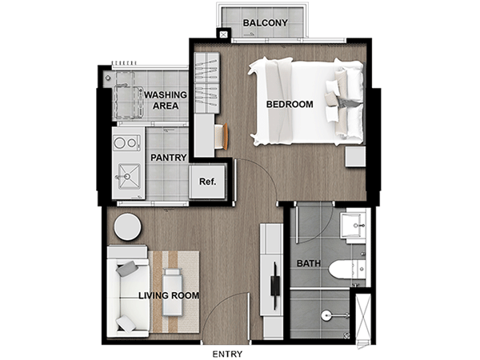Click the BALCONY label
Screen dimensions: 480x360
click(x=265, y=23)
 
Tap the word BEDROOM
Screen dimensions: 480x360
click(x=290, y=104)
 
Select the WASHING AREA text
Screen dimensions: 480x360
click(x=166, y=101)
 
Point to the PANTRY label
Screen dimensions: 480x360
click(x=169, y=158)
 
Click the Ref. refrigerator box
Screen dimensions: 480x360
click(x=207, y=182)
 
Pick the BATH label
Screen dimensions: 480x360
click(x=309, y=263)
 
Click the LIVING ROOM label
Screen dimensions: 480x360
click(x=169, y=295)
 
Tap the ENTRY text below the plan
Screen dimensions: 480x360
click(x=227, y=354)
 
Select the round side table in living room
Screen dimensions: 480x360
click(x=128, y=227)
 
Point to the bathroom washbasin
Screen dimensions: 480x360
click(x=353, y=226)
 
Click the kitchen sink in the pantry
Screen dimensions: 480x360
click(x=129, y=176)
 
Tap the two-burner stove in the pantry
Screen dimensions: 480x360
click(x=126, y=142)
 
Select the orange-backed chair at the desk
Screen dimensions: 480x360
click(x=222, y=136)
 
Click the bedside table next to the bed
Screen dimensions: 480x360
click(x=355, y=157)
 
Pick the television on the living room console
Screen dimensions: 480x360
click(x=275, y=286)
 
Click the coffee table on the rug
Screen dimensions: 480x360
click(x=172, y=292)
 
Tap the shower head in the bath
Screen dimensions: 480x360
click(x=326, y=315)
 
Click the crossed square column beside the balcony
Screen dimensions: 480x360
click(x=223, y=34)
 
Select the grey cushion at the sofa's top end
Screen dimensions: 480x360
click(x=126, y=269)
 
